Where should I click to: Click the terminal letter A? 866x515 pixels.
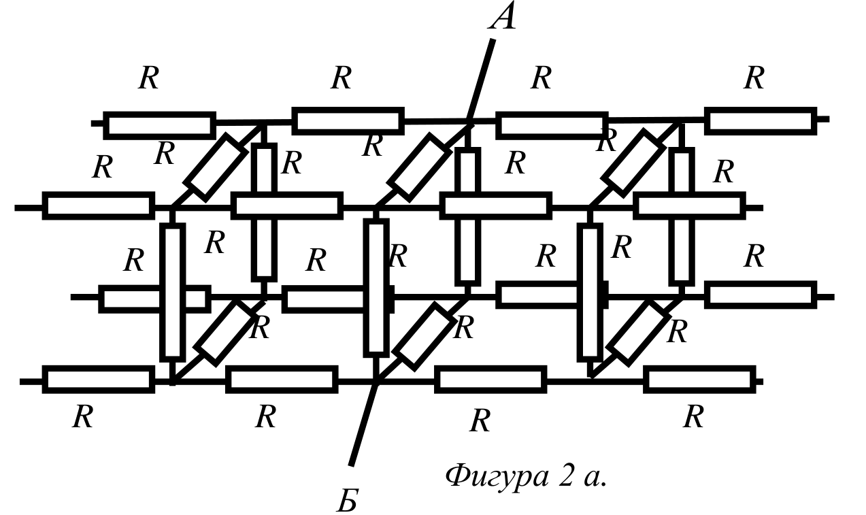502,16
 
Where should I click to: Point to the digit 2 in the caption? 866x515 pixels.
566,476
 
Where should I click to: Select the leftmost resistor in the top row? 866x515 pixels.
160,126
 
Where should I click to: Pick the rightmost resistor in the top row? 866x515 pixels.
761,121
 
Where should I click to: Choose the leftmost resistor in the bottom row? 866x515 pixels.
99,380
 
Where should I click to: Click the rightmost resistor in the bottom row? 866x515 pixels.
700,380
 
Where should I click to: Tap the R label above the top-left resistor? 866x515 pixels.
149,78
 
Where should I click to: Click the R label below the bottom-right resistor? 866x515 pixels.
694,416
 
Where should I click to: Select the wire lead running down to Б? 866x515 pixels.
363,424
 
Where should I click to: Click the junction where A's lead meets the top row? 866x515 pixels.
468,124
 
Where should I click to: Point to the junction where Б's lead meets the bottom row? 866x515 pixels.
377,382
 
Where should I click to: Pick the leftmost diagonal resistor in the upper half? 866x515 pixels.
216,167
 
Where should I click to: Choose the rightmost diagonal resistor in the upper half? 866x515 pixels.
633,163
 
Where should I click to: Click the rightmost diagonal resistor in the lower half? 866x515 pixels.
638,333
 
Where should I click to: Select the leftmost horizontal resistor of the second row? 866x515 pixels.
99,205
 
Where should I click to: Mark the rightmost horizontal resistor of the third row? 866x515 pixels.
761,295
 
